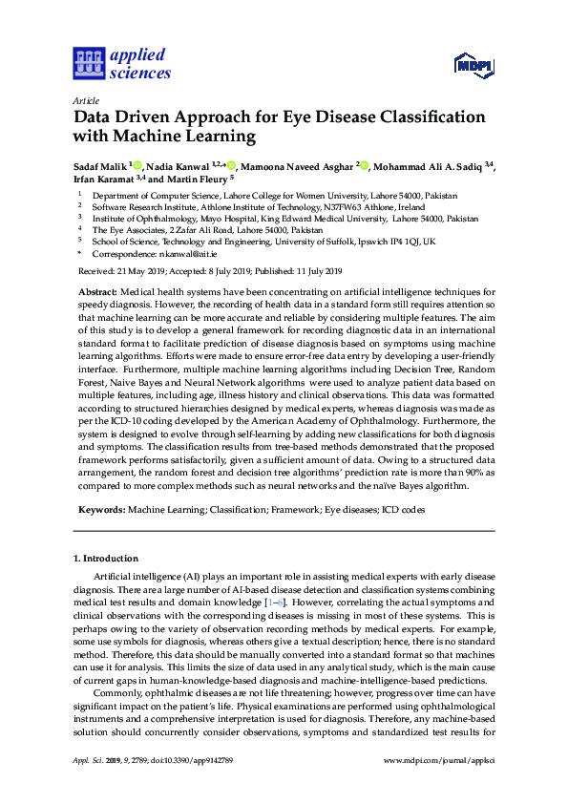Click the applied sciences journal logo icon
pos(89,64)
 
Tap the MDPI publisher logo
pos(473,65)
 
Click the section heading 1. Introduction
pos(105,558)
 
